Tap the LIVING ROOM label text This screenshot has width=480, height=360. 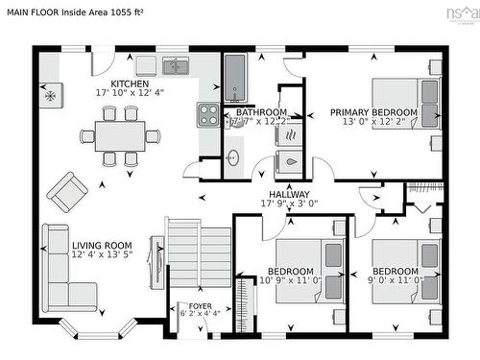tap(101, 246)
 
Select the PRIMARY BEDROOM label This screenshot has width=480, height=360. tap(373, 112)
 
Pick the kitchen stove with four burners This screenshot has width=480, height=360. tap(208, 115)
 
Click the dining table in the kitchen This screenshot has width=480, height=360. tap(120, 135)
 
